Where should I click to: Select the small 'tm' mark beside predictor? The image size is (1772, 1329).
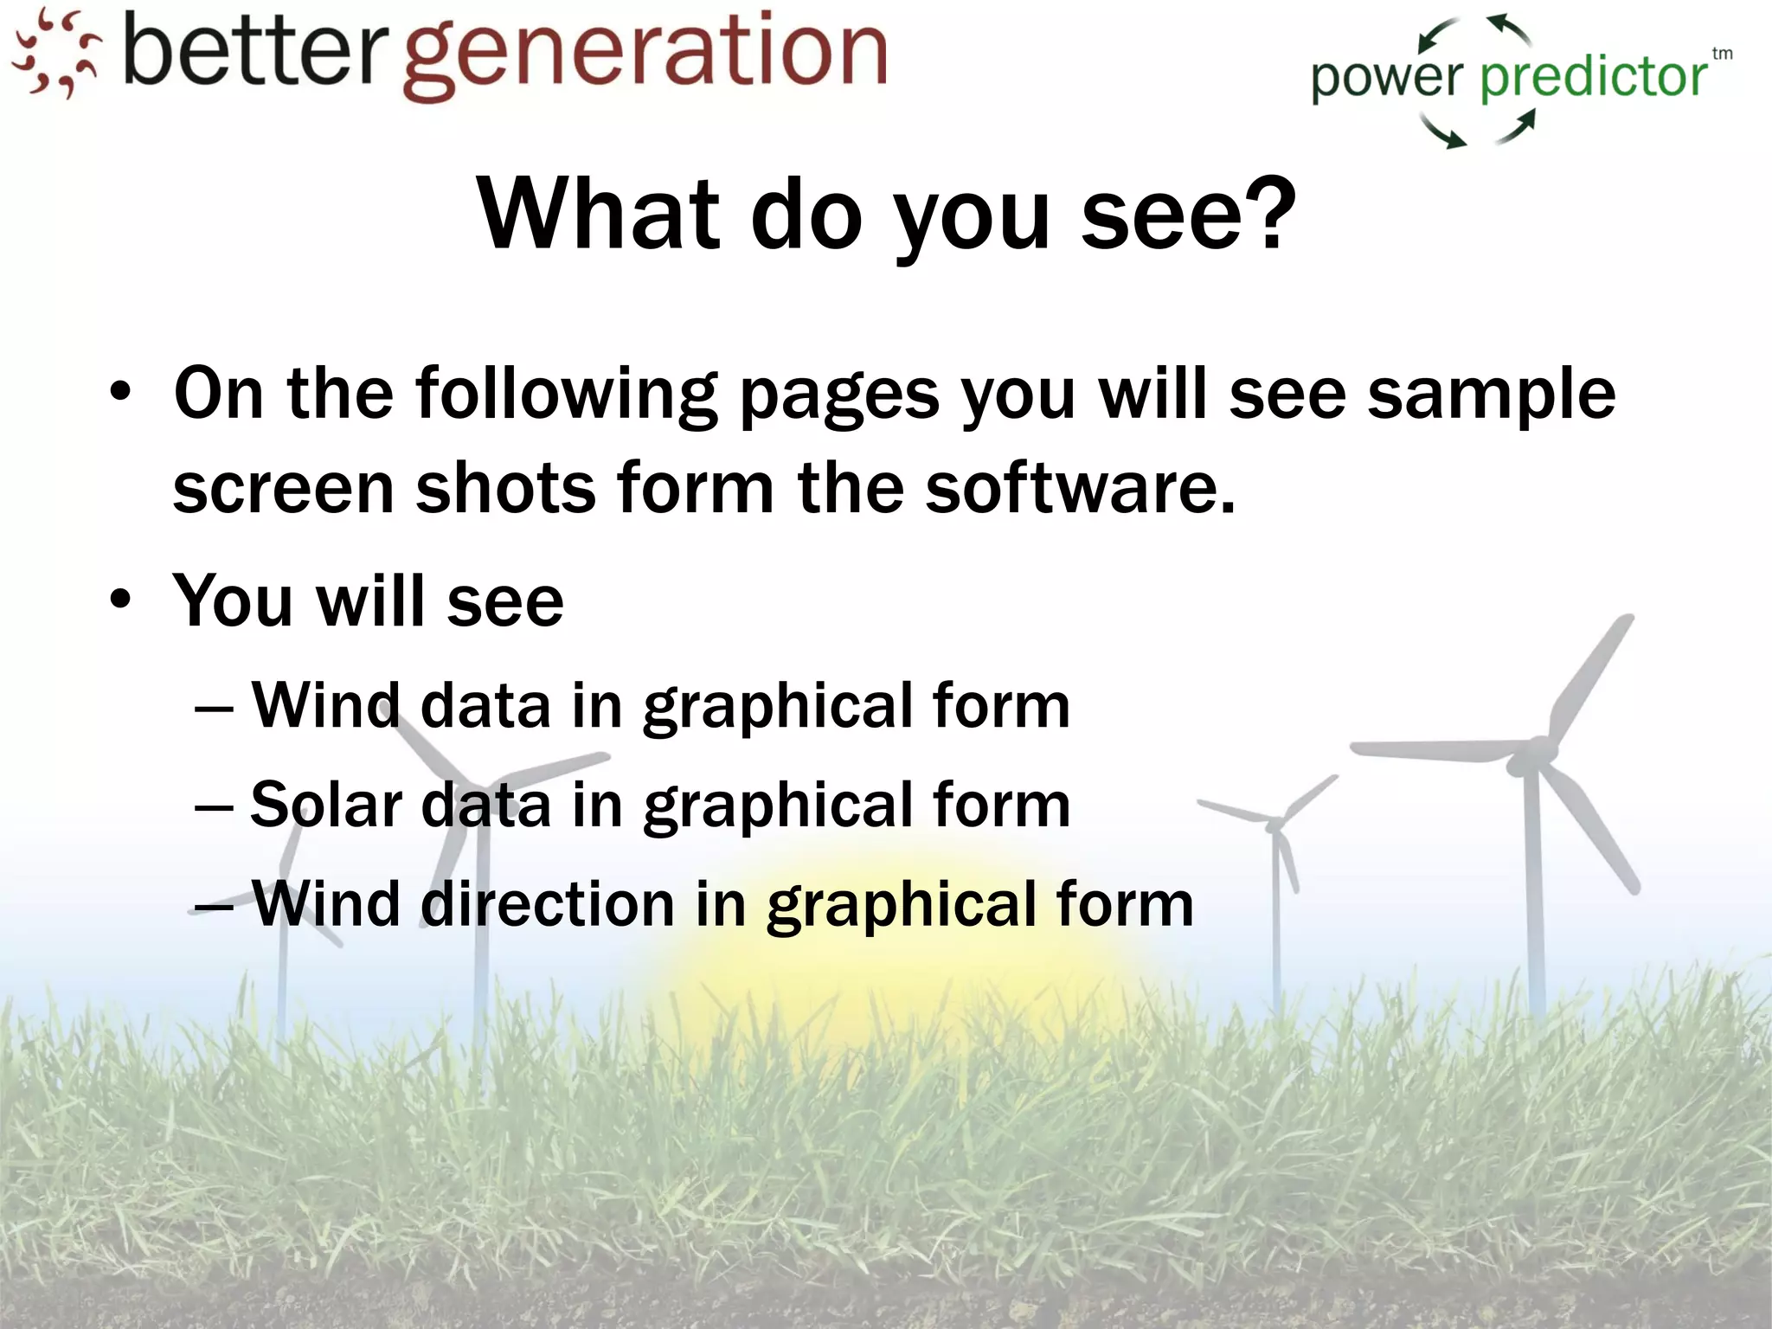1722,54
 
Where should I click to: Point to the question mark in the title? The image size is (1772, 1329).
1265,212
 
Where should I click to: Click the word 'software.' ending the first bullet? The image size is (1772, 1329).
1080,487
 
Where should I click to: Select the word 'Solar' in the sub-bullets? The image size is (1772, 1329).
326,805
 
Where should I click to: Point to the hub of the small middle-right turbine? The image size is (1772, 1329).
1275,824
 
